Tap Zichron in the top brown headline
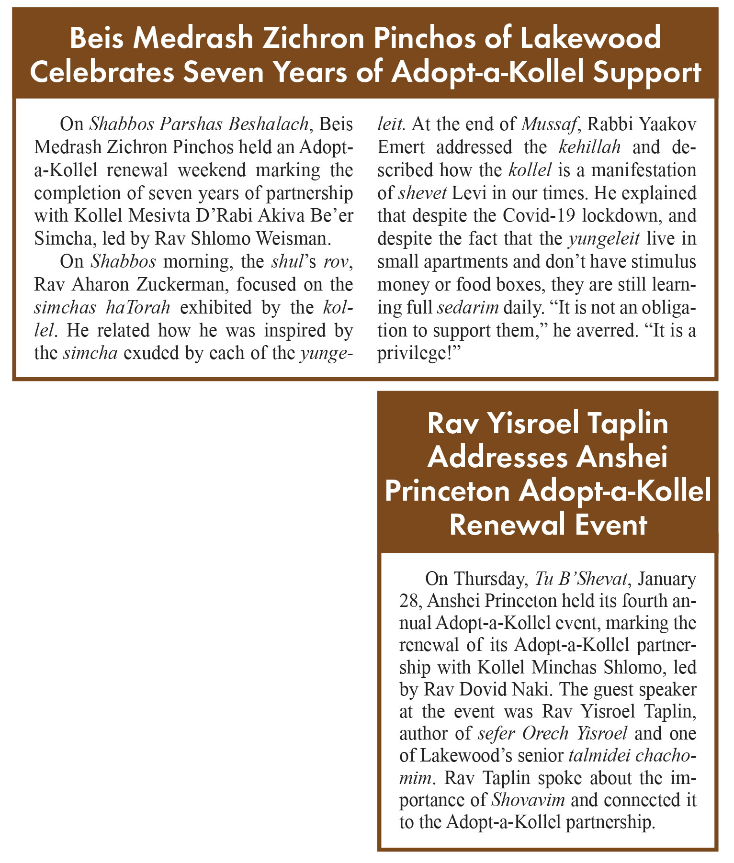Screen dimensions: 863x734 click(305, 38)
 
